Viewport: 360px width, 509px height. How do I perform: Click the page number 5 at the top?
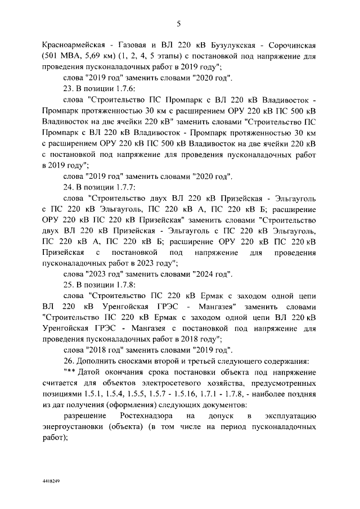[x=178, y=23]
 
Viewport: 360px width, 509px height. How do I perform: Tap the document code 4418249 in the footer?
[x=51, y=483]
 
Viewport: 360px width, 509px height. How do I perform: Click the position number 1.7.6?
[x=118, y=89]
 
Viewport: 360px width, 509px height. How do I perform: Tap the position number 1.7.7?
[x=118, y=187]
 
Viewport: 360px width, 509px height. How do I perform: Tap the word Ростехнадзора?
[x=145, y=416]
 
